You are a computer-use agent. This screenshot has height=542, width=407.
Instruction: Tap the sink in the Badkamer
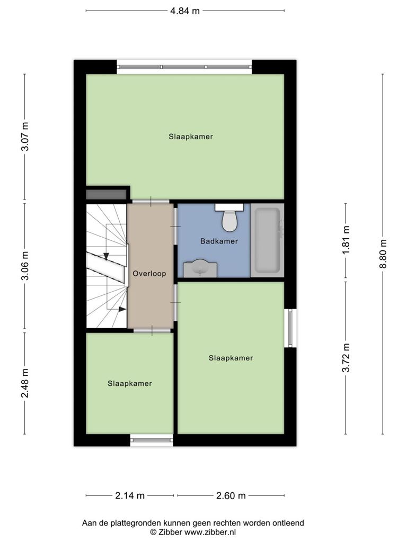point(200,268)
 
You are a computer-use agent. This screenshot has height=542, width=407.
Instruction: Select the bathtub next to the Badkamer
point(267,240)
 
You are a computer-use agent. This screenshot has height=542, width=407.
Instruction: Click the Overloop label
point(149,274)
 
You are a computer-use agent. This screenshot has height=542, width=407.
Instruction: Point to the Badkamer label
point(219,241)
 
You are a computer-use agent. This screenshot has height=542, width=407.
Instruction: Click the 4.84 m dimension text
point(185,11)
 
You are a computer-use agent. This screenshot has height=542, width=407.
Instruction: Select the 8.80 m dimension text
point(383,254)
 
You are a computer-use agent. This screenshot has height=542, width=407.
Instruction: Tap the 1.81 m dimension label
point(346,240)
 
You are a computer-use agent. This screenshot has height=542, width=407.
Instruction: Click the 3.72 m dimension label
point(346,357)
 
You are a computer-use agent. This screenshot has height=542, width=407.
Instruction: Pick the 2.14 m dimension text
point(130,495)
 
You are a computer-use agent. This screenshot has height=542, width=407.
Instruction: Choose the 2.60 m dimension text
point(231,495)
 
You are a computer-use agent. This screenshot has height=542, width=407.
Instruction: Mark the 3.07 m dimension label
point(25,137)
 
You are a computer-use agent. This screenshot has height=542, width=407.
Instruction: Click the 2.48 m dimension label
point(25,383)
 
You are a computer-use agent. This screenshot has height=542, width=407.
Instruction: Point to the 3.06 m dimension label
point(25,266)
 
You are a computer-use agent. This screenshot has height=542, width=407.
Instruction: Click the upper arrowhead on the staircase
point(106,256)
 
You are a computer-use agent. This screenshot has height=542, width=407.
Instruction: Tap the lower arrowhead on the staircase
point(122,309)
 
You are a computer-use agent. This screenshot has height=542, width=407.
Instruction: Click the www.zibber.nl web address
point(210,532)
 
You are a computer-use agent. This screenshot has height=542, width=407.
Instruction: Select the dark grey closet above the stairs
point(106,194)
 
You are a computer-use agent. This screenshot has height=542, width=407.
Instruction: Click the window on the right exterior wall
point(290,328)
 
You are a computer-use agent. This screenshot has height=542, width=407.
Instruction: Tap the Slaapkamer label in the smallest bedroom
point(130,383)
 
